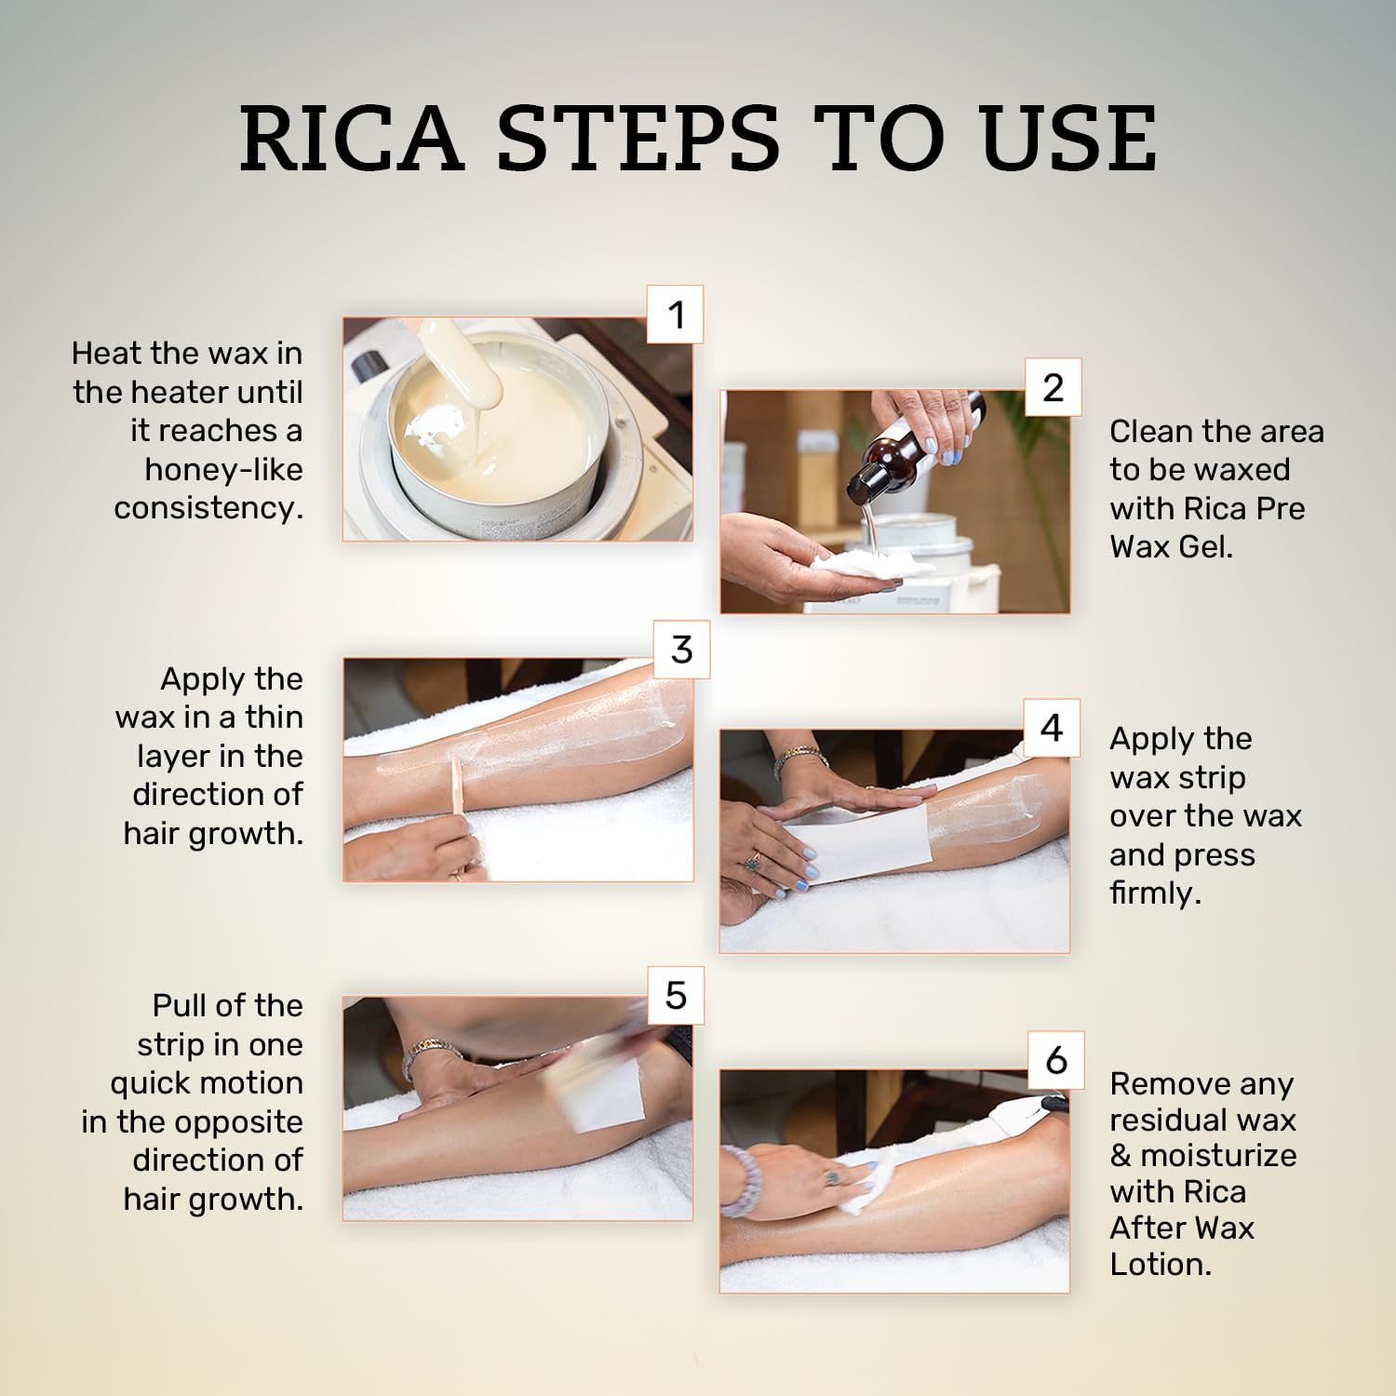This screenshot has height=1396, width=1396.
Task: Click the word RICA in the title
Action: (x=351, y=139)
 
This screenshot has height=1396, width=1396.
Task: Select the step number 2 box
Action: (x=1053, y=387)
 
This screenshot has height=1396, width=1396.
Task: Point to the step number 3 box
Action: (x=681, y=649)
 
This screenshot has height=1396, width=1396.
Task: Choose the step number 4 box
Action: (x=1052, y=727)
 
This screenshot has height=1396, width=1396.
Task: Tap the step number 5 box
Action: (x=676, y=995)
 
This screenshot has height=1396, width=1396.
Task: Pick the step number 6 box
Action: (x=1056, y=1060)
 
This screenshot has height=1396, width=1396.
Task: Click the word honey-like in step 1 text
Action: (x=223, y=469)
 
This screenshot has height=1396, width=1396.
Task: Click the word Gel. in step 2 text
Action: (x=1205, y=547)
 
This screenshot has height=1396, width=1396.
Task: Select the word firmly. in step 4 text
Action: (x=1155, y=893)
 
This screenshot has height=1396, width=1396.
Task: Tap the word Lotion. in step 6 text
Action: (x=1160, y=1264)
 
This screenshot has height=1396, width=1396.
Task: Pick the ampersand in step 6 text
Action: (x=1121, y=1156)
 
